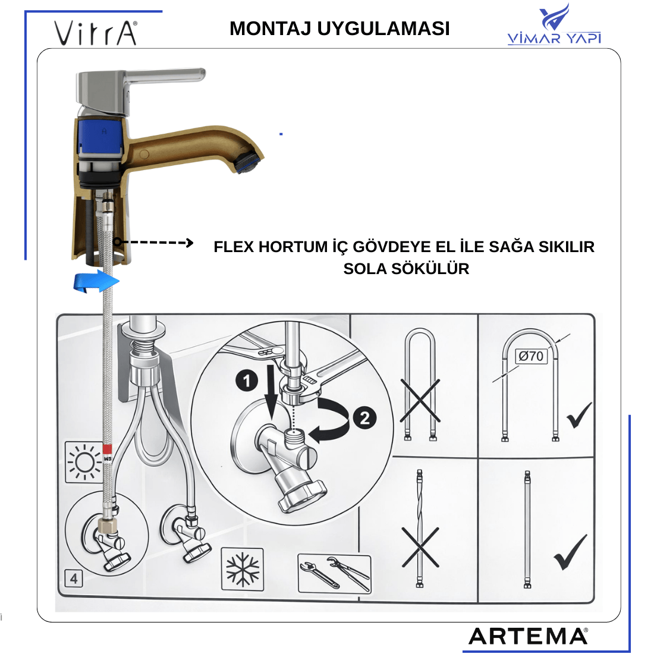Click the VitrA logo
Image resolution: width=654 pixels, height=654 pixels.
click(x=95, y=33)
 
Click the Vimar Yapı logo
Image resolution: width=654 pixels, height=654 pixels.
click(x=554, y=24)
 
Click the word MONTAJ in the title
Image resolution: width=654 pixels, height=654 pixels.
click(x=271, y=29)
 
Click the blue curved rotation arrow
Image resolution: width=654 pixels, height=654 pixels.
click(x=96, y=281)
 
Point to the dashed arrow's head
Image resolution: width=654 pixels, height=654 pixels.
click(x=189, y=243)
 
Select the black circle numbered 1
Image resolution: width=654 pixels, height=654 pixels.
click(x=247, y=381)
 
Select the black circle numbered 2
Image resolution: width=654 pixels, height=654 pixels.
click(x=364, y=418)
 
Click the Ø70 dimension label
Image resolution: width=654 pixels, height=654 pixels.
click(x=531, y=356)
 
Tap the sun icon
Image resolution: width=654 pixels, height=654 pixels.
click(x=84, y=462)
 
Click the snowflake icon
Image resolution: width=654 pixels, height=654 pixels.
click(x=243, y=569)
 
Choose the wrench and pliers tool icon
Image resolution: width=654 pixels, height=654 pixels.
click(x=335, y=573)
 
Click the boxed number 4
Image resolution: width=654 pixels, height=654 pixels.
click(x=74, y=578)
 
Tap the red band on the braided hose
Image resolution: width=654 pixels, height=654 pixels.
click(x=108, y=449)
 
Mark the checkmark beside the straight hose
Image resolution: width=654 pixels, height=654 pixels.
click(x=570, y=551)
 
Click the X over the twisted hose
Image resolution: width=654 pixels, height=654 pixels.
click(x=420, y=547)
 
